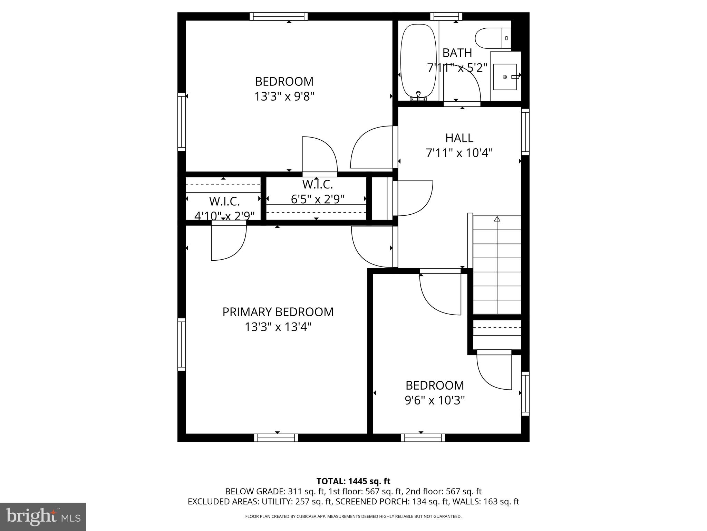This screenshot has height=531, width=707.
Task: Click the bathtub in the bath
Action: [418, 62]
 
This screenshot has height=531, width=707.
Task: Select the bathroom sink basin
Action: [505, 77]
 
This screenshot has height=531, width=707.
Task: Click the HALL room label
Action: [459, 138]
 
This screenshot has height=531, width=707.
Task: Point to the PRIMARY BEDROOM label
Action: [278, 312]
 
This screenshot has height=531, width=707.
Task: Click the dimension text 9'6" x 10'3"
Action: [435, 400]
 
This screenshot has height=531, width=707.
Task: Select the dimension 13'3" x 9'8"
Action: [284, 96]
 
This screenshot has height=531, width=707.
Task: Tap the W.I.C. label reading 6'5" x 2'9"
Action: [318, 199]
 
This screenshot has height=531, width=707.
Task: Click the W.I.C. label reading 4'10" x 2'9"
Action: [224, 216]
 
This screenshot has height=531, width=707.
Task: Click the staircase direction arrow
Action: [497, 219]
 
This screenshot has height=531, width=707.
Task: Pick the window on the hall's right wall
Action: [525, 132]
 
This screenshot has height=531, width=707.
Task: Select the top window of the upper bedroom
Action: [279, 16]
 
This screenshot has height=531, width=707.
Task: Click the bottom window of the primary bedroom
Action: [276, 438]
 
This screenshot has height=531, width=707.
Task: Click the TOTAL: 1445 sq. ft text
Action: [353, 481]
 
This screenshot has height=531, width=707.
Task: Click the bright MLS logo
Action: [43, 516]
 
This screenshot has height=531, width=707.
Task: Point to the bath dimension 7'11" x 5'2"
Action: [457, 68]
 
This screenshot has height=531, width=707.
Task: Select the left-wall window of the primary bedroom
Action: [182, 344]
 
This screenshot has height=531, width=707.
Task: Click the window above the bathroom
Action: [446, 16]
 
